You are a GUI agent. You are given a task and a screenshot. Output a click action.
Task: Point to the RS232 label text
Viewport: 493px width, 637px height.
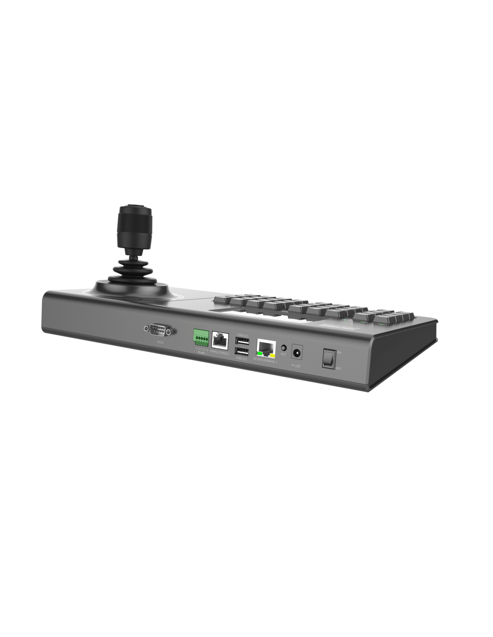[x=160, y=342]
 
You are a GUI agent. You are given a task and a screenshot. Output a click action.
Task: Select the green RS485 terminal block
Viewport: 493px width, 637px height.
[x=201, y=337]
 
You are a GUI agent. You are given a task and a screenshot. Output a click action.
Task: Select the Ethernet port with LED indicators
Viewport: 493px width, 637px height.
[x=266, y=349]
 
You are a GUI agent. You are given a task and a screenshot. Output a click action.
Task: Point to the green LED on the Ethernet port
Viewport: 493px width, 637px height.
[x=259, y=354]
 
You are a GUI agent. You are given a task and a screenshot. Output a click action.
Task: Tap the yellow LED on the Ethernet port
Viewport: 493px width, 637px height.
[x=272, y=356]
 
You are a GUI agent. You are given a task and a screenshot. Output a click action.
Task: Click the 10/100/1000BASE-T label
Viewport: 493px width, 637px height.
[x=265, y=361]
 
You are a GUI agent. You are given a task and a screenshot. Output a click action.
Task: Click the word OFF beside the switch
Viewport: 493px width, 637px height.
[x=339, y=368]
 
